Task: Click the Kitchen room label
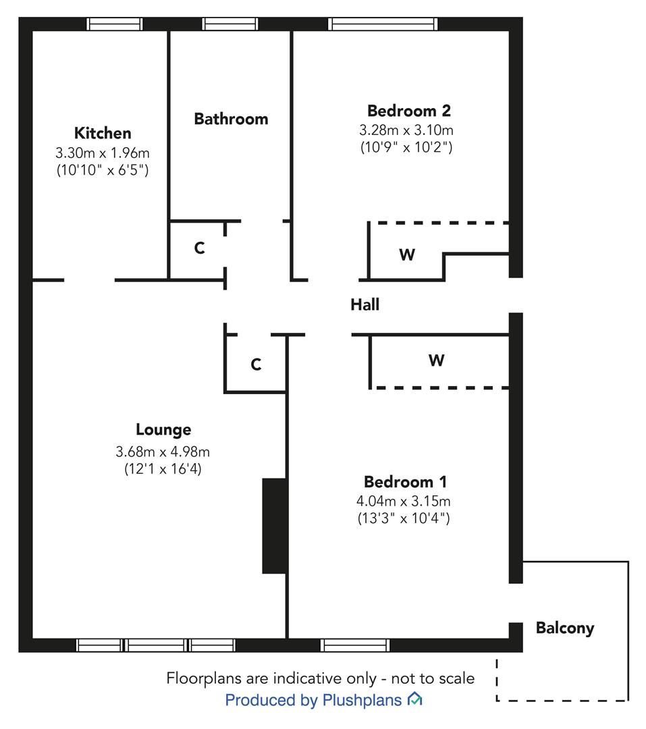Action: (103, 133)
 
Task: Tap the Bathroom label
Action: (231, 119)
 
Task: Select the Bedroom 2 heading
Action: (408, 111)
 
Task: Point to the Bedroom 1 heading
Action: (405, 482)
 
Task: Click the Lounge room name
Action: (163, 429)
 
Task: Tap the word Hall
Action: (365, 305)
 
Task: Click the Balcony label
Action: (565, 628)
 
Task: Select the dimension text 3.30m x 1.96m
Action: (103, 153)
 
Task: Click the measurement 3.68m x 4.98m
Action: (163, 451)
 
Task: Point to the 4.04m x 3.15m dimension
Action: (404, 501)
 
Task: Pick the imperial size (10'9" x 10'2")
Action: (406, 146)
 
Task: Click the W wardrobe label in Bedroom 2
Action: (407, 255)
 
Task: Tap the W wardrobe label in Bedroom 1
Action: (436, 360)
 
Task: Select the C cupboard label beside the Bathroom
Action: (199, 248)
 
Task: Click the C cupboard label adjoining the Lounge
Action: (256, 365)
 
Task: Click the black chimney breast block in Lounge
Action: (274, 526)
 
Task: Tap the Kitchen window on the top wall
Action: (115, 24)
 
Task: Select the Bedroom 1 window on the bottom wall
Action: (355, 645)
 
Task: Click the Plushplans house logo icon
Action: (414, 700)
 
